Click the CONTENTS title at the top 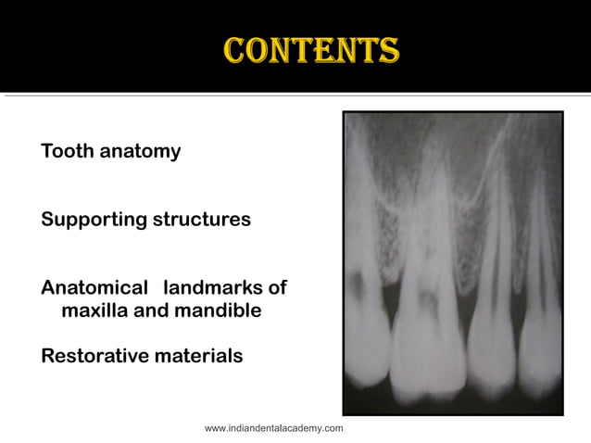click(x=311, y=50)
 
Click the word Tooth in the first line click(x=67, y=151)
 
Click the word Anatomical click(x=94, y=288)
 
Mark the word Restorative click(x=96, y=356)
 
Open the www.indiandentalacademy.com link click(x=273, y=428)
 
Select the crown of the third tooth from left click(x=491, y=357)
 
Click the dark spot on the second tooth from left click(x=428, y=301)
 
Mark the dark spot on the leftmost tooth click(x=356, y=277)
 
